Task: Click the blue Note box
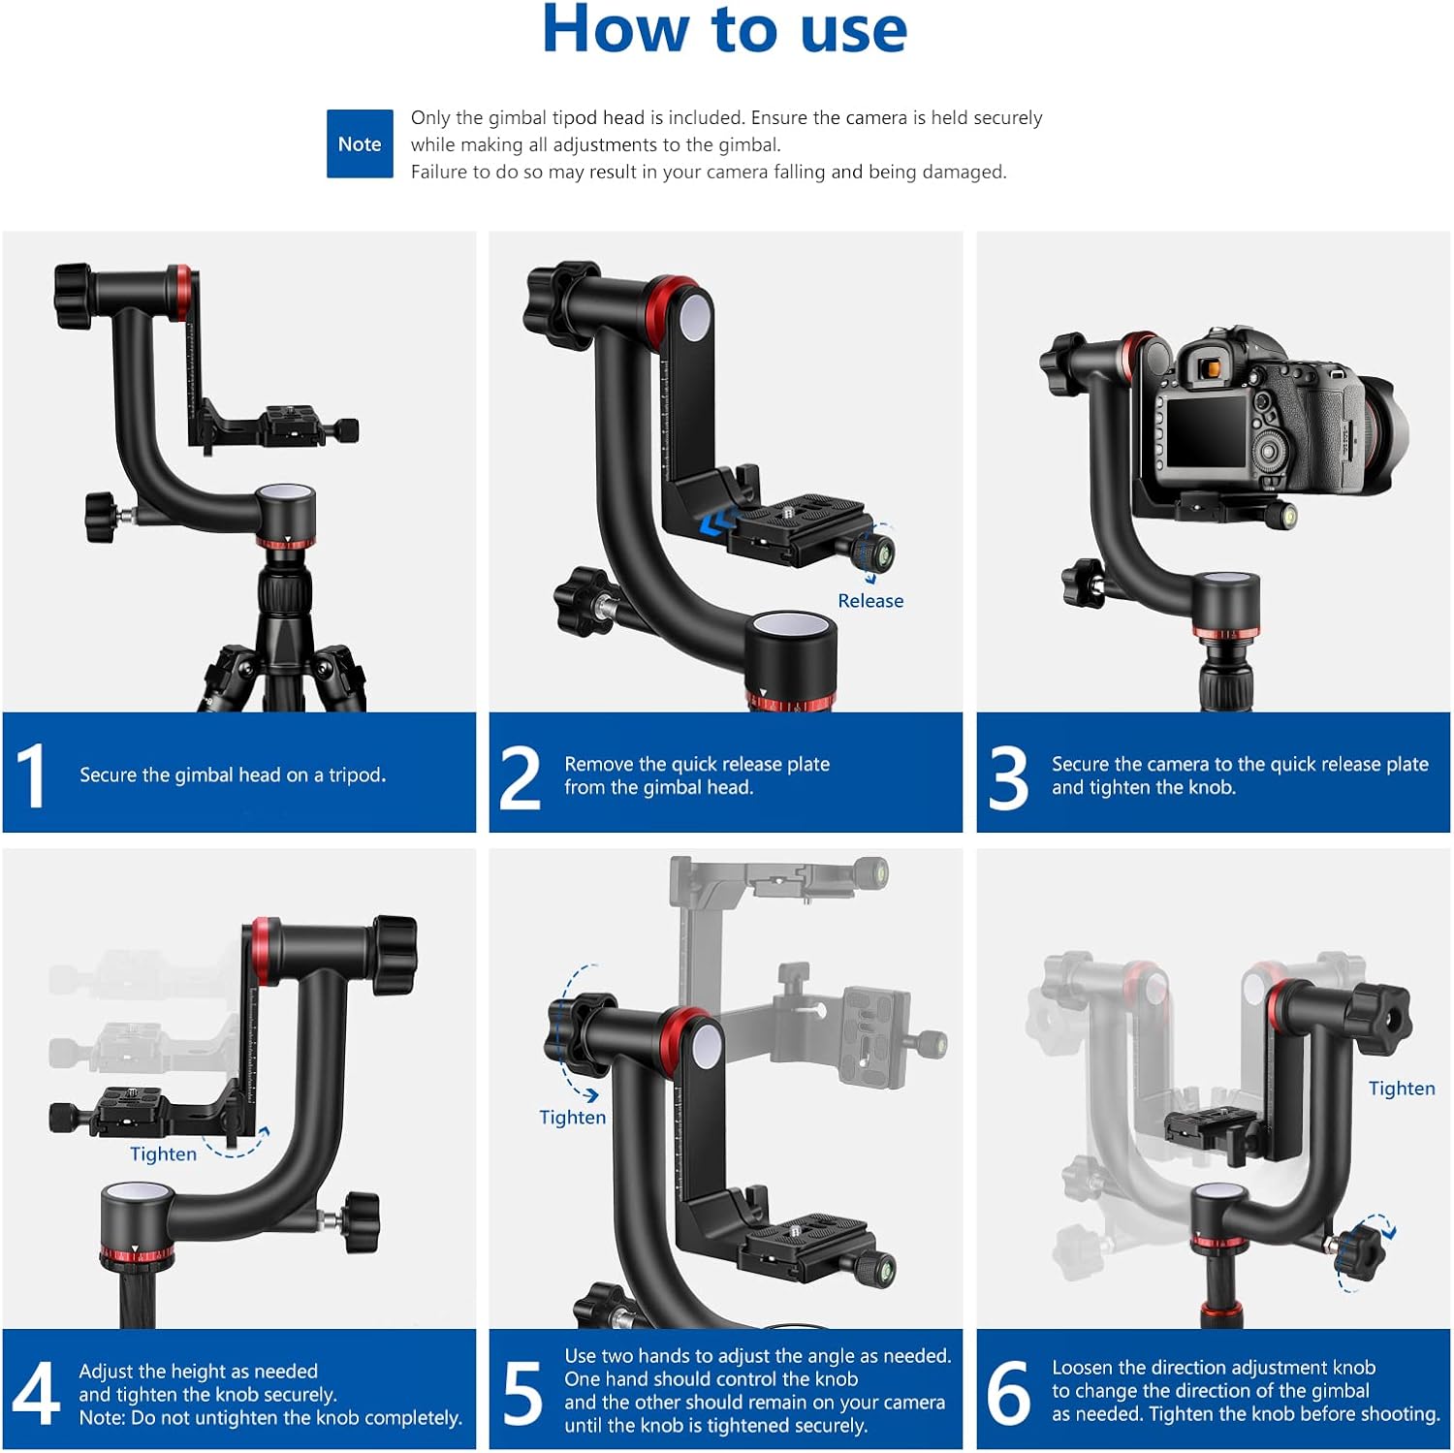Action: (x=360, y=143)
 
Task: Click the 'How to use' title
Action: (x=724, y=29)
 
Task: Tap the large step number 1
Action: (x=31, y=774)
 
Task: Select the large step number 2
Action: (x=520, y=777)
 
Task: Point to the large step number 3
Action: (x=1008, y=777)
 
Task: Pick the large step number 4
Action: (x=36, y=1393)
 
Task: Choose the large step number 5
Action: (x=522, y=1393)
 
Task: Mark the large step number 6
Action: (x=1008, y=1393)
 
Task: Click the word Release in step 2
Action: (x=870, y=601)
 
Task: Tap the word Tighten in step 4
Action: (x=163, y=1154)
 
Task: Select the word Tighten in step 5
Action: (x=572, y=1118)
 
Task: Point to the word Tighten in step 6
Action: (x=1402, y=1089)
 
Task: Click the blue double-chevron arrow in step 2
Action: (x=716, y=524)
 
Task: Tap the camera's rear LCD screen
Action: (x=1207, y=431)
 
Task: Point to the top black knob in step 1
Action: (x=73, y=296)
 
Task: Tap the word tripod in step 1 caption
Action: (x=356, y=775)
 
